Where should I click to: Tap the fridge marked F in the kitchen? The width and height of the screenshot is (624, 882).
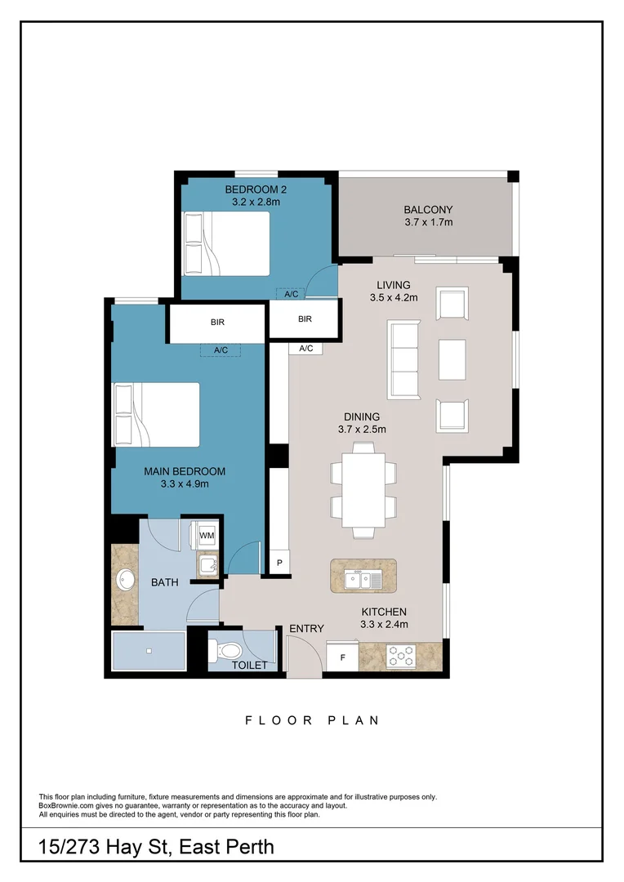[342, 657]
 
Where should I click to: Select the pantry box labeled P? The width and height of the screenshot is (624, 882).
[279, 563]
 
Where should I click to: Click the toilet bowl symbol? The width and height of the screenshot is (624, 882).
[225, 651]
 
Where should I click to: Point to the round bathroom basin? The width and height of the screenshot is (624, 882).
[125, 581]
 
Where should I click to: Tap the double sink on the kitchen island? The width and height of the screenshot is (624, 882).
[363, 580]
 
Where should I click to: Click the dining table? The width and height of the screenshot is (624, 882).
[363, 490]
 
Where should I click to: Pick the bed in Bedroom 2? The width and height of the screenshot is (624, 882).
[226, 243]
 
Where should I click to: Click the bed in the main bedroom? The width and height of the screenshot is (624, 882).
[157, 415]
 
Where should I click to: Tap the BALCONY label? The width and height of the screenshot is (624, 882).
[428, 209]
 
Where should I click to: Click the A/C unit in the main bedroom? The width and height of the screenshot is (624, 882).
[221, 350]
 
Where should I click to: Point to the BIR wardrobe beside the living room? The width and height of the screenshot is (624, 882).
[305, 319]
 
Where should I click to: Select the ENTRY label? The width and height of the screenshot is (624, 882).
[307, 629]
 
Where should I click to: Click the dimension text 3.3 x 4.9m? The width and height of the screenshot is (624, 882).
[185, 484]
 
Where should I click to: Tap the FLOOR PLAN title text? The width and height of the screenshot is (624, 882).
[312, 720]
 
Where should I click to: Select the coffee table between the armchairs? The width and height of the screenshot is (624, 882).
[452, 359]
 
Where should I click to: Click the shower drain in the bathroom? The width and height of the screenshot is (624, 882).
[149, 651]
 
